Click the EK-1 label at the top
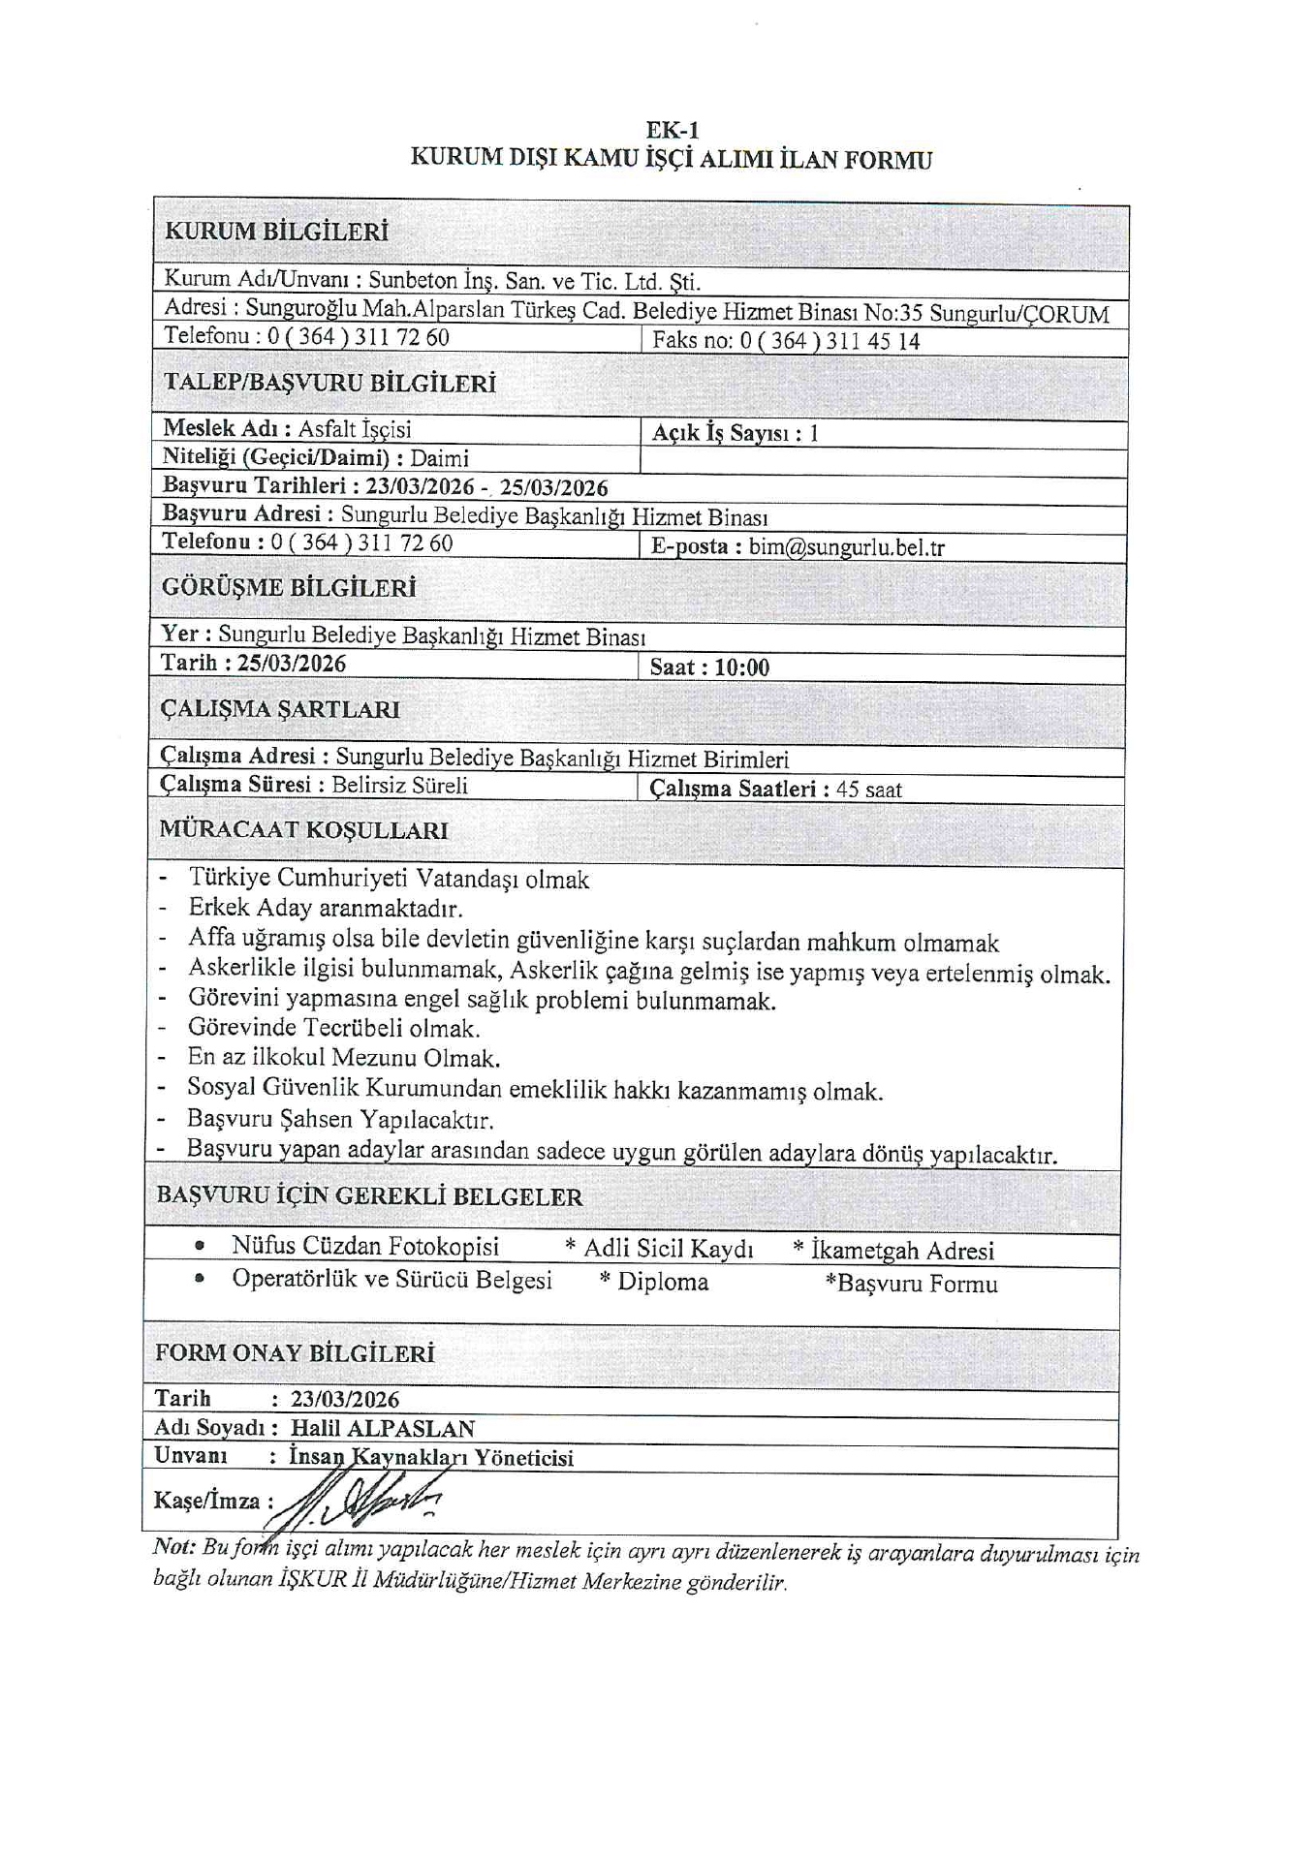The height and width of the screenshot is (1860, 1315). [x=672, y=130]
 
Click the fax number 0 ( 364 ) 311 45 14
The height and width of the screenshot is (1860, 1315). [x=830, y=341]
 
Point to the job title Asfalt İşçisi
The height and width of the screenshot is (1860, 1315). [x=355, y=429]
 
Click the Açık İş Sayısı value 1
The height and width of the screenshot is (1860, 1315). [x=814, y=434]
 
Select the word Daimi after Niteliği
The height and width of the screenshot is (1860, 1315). [x=440, y=458]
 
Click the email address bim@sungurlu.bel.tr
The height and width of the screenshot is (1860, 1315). [x=846, y=547]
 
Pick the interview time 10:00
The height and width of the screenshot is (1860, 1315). [x=742, y=667]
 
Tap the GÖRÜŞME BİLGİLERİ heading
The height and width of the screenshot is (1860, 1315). [x=289, y=588]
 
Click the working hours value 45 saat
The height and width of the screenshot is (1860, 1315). [x=869, y=790]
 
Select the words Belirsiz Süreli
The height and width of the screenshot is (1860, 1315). [x=399, y=786]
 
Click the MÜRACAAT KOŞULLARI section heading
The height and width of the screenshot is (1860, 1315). [x=303, y=830]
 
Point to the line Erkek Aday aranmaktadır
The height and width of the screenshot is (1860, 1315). [x=326, y=909]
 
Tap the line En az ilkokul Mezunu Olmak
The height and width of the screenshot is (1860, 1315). [x=344, y=1058]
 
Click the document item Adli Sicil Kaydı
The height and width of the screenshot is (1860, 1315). [x=668, y=1249]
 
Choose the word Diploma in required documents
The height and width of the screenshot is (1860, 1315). [x=663, y=1283]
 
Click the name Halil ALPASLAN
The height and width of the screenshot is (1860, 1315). [x=383, y=1428]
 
